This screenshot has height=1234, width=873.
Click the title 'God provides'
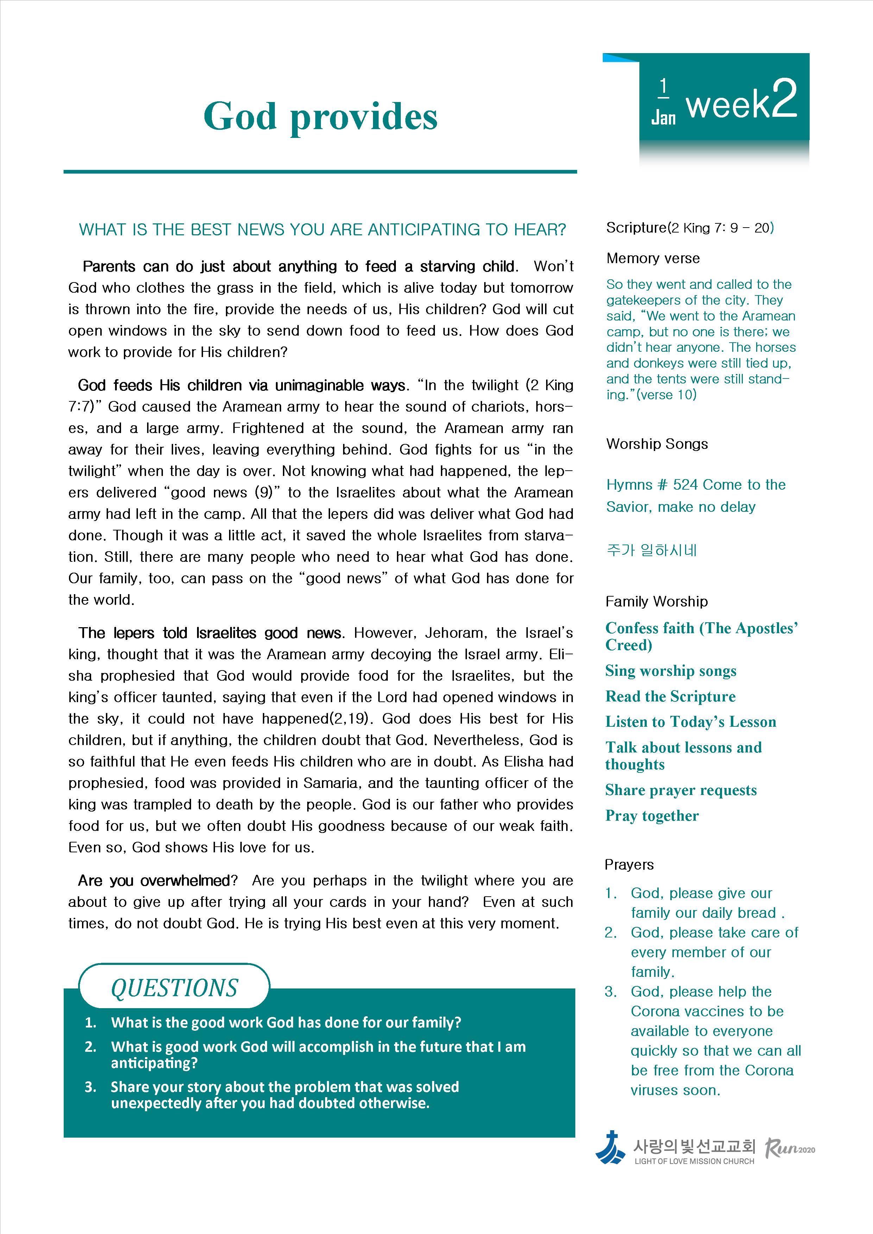(x=321, y=117)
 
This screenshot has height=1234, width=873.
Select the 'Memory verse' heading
(x=653, y=259)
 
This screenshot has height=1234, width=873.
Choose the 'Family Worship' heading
(x=656, y=602)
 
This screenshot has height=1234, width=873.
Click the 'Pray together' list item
(x=652, y=816)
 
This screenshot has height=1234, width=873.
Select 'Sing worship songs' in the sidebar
(x=670, y=671)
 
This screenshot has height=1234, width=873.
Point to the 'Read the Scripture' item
(x=670, y=696)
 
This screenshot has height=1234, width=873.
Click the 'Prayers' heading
(x=629, y=865)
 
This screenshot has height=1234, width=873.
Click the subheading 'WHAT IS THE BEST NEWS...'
(x=323, y=230)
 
